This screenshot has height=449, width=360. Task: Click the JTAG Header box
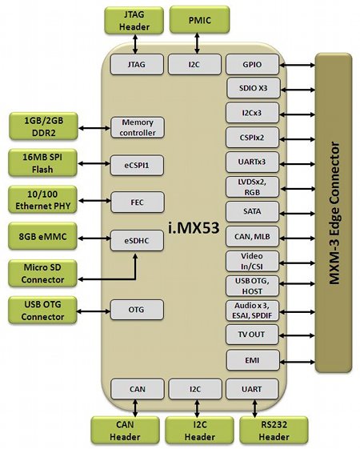click(134, 21)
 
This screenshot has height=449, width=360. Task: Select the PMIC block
click(199, 20)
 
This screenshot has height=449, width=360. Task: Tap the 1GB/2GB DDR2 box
click(43, 126)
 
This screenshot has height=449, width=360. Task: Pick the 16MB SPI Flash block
click(43, 163)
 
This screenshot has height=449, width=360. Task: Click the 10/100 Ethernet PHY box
click(43, 200)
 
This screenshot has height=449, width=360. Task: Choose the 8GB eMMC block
click(43, 237)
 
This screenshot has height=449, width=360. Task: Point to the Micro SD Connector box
click(43, 274)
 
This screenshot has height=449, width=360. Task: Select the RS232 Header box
click(274, 431)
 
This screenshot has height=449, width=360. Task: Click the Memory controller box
click(138, 127)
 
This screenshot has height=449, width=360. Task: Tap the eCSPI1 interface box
click(137, 165)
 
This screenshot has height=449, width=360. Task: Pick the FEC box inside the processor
click(138, 202)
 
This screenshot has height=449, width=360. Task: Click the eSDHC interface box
click(137, 241)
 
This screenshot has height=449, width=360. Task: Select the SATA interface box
click(253, 211)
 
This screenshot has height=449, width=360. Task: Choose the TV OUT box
click(252, 335)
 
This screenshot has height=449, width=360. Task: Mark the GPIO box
click(253, 65)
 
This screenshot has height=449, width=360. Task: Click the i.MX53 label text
click(194, 228)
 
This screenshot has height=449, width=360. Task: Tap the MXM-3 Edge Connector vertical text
click(334, 214)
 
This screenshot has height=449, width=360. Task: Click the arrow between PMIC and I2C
click(197, 43)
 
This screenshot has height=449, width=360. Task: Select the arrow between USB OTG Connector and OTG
click(94, 311)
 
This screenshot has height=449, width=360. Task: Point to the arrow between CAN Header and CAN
click(135, 408)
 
